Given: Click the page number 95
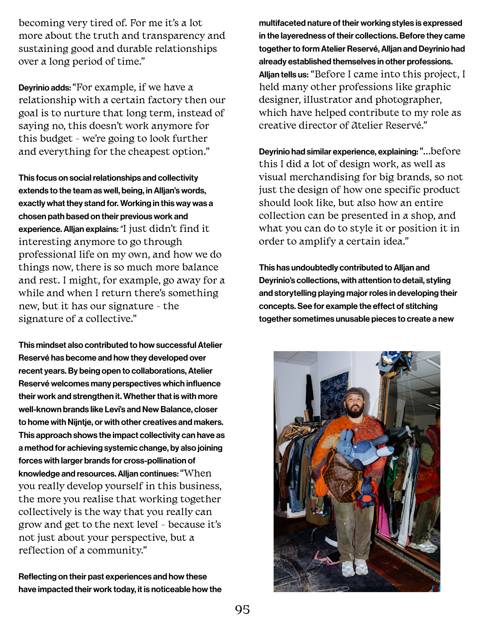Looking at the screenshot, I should coord(242,610).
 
